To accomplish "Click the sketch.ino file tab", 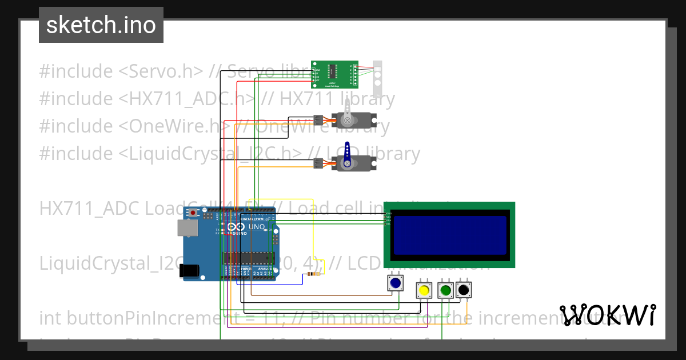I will tap(101, 25).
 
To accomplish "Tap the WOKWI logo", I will tap(608, 315).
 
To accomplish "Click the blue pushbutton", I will tap(395, 283).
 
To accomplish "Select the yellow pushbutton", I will tap(424, 290).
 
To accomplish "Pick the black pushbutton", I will tap(464, 290).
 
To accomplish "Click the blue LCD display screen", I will tap(450, 235).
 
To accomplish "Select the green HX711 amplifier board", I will tap(334, 74).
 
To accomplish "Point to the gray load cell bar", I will tap(377, 78).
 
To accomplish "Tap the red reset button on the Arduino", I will tap(193, 213).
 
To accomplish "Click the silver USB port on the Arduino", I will tap(187, 229).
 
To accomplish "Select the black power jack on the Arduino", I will tap(190, 271).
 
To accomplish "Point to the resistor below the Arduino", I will tap(313, 274).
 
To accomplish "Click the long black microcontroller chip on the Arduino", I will tap(249, 258).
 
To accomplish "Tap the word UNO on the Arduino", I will tap(257, 227).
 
